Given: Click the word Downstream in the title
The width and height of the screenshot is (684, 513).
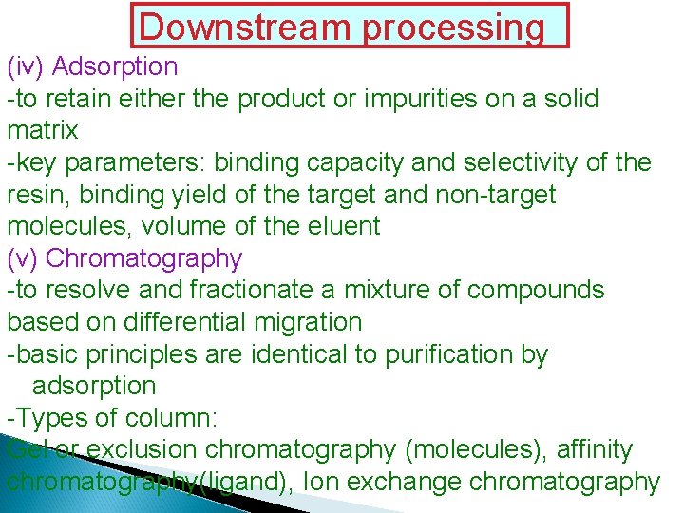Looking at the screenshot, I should tap(246, 28).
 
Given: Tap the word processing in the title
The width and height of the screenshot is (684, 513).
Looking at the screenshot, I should tap(453, 28).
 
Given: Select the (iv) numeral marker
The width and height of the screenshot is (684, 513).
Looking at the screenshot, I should tap(26, 66).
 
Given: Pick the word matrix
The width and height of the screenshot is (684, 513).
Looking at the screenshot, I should tap(42, 130).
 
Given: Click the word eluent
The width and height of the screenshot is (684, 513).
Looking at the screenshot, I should tap(338, 226).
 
